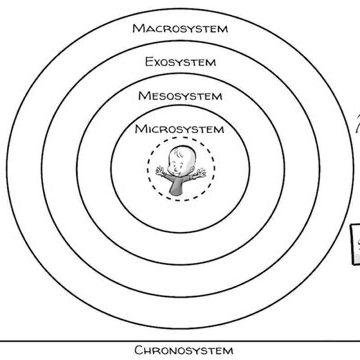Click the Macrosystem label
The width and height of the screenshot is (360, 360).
tap(180, 29)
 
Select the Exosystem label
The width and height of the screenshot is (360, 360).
tap(180, 62)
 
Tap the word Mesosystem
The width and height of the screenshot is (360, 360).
tap(180, 96)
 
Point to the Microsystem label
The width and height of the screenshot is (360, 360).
tap(179, 129)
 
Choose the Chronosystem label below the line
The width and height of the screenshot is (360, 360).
tap(184, 351)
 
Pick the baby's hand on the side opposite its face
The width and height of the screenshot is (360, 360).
tap(201, 172)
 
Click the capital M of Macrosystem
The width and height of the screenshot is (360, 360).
tap(139, 28)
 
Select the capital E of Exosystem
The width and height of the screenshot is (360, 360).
tap(149, 62)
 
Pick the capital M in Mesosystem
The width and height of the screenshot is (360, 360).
tap(144, 96)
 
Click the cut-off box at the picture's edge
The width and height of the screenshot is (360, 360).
tap(355, 245)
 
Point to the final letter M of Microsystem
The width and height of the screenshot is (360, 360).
tap(219, 130)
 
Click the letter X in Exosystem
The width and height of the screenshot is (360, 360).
tap(157, 63)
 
